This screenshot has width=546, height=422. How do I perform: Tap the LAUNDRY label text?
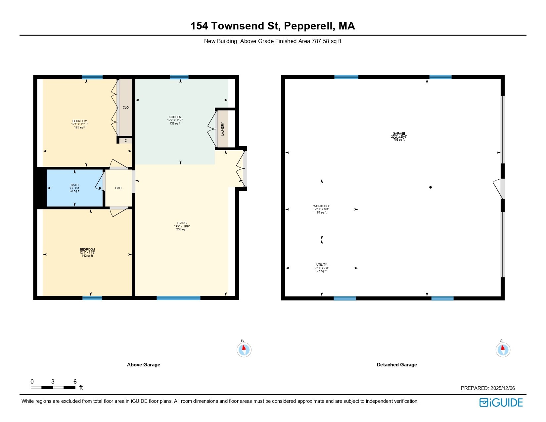click(x=223, y=129)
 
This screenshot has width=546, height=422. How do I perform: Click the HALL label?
click(x=119, y=188)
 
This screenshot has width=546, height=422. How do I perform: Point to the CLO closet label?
click(x=126, y=108)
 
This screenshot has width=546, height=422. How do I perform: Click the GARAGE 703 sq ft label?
click(x=398, y=136)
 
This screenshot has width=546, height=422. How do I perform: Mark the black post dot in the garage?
click(x=431, y=187)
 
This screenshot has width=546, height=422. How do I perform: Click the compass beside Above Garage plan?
click(x=244, y=350)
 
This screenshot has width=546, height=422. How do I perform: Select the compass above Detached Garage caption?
click(x=503, y=350)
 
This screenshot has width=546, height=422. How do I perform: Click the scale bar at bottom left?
click(x=53, y=387)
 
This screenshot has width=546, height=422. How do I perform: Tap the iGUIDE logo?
click(x=501, y=402)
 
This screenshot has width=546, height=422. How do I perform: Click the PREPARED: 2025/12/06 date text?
click(x=488, y=388)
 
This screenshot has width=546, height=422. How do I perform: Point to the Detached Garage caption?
click(x=397, y=365)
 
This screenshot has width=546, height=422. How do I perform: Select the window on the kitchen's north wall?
click(x=179, y=77)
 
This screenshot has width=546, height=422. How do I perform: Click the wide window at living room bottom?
click(x=178, y=298)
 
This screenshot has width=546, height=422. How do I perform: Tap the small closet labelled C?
click(x=126, y=141)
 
